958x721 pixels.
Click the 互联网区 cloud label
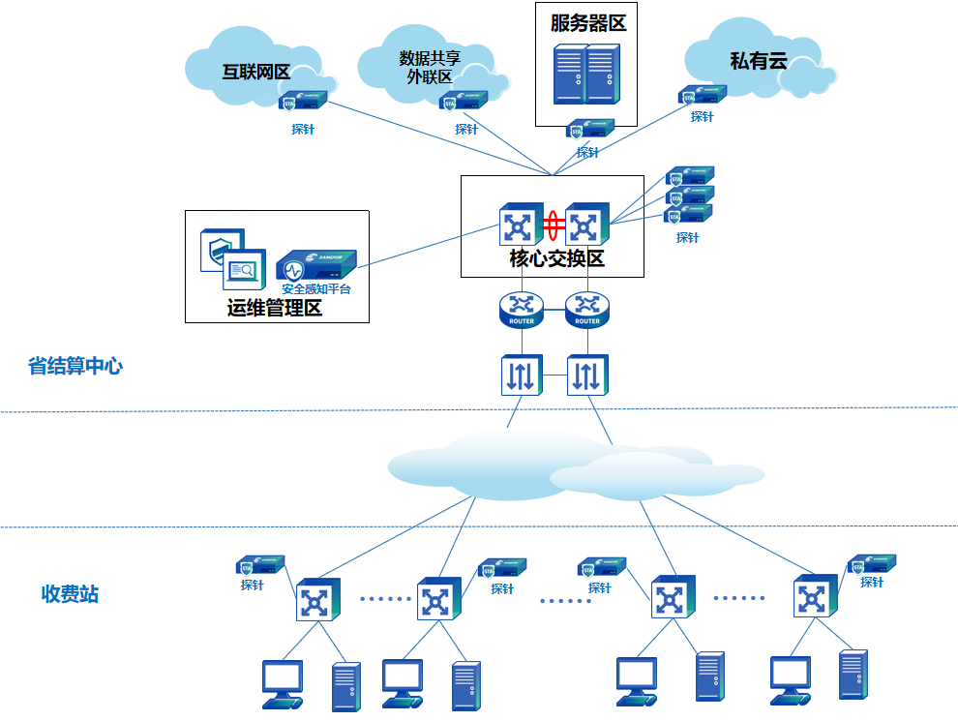256,72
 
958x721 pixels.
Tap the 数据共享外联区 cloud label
430,68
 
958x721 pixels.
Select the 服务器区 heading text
588,23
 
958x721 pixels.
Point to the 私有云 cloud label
759,61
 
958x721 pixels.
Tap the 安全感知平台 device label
316,289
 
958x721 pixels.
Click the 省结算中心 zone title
75,367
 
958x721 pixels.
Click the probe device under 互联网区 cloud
303,101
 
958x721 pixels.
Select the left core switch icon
520,226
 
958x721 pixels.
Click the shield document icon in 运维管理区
220,249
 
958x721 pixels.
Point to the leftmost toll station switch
317,600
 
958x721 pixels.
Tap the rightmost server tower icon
853,676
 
